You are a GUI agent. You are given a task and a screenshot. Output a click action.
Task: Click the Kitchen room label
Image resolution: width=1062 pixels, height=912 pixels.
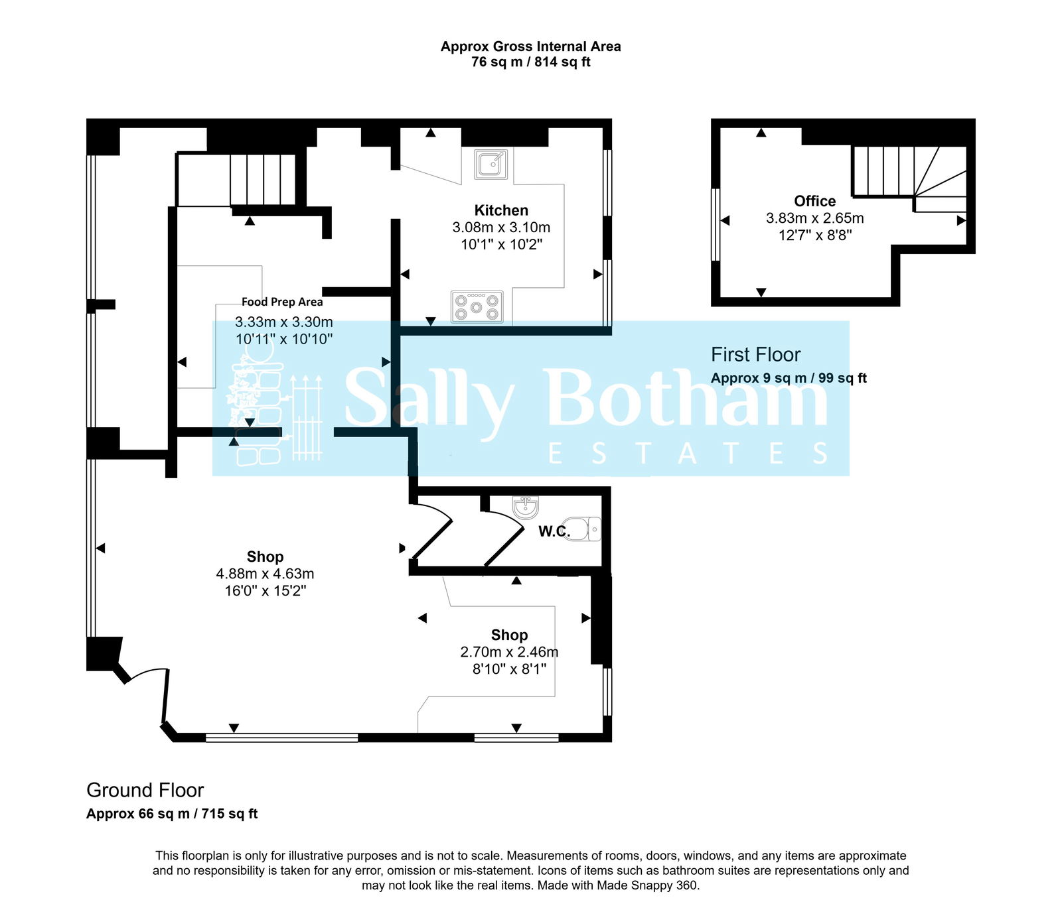click(501, 210)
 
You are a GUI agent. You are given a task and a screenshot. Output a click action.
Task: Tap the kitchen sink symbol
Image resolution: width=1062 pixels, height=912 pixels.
click(491, 164)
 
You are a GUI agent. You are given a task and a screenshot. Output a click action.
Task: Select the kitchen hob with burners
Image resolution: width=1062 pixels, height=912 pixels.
click(477, 307)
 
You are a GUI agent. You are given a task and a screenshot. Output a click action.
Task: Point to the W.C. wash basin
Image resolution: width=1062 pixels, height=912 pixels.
click(526, 507)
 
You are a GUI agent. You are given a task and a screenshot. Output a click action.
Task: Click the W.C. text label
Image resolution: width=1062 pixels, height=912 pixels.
click(554, 531)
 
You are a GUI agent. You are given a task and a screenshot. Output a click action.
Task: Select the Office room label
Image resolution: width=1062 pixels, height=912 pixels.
click(814, 201)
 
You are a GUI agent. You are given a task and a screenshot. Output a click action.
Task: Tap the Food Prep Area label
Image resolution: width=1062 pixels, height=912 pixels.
click(282, 302)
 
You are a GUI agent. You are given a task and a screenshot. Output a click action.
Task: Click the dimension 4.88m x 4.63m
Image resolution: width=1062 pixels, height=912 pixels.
click(265, 574)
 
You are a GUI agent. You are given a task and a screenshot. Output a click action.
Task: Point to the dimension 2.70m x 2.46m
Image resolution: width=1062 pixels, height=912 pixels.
click(509, 652)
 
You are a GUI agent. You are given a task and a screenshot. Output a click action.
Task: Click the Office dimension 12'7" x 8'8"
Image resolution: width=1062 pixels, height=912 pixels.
click(814, 235)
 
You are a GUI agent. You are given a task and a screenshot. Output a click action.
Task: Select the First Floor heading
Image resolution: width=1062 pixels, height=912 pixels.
click(755, 355)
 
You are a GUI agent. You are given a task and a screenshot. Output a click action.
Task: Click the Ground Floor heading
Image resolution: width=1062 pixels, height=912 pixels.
click(145, 790)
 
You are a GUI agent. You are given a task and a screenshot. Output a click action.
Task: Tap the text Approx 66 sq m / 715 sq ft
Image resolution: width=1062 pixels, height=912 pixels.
click(172, 814)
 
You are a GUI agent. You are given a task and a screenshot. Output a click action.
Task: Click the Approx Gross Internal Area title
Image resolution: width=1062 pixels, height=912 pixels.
click(530, 46)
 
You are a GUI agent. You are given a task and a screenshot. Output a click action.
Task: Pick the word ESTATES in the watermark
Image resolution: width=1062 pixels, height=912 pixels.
click(688, 454)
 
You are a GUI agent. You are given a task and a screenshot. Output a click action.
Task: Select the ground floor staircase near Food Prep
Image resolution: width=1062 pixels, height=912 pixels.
click(262, 179)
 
